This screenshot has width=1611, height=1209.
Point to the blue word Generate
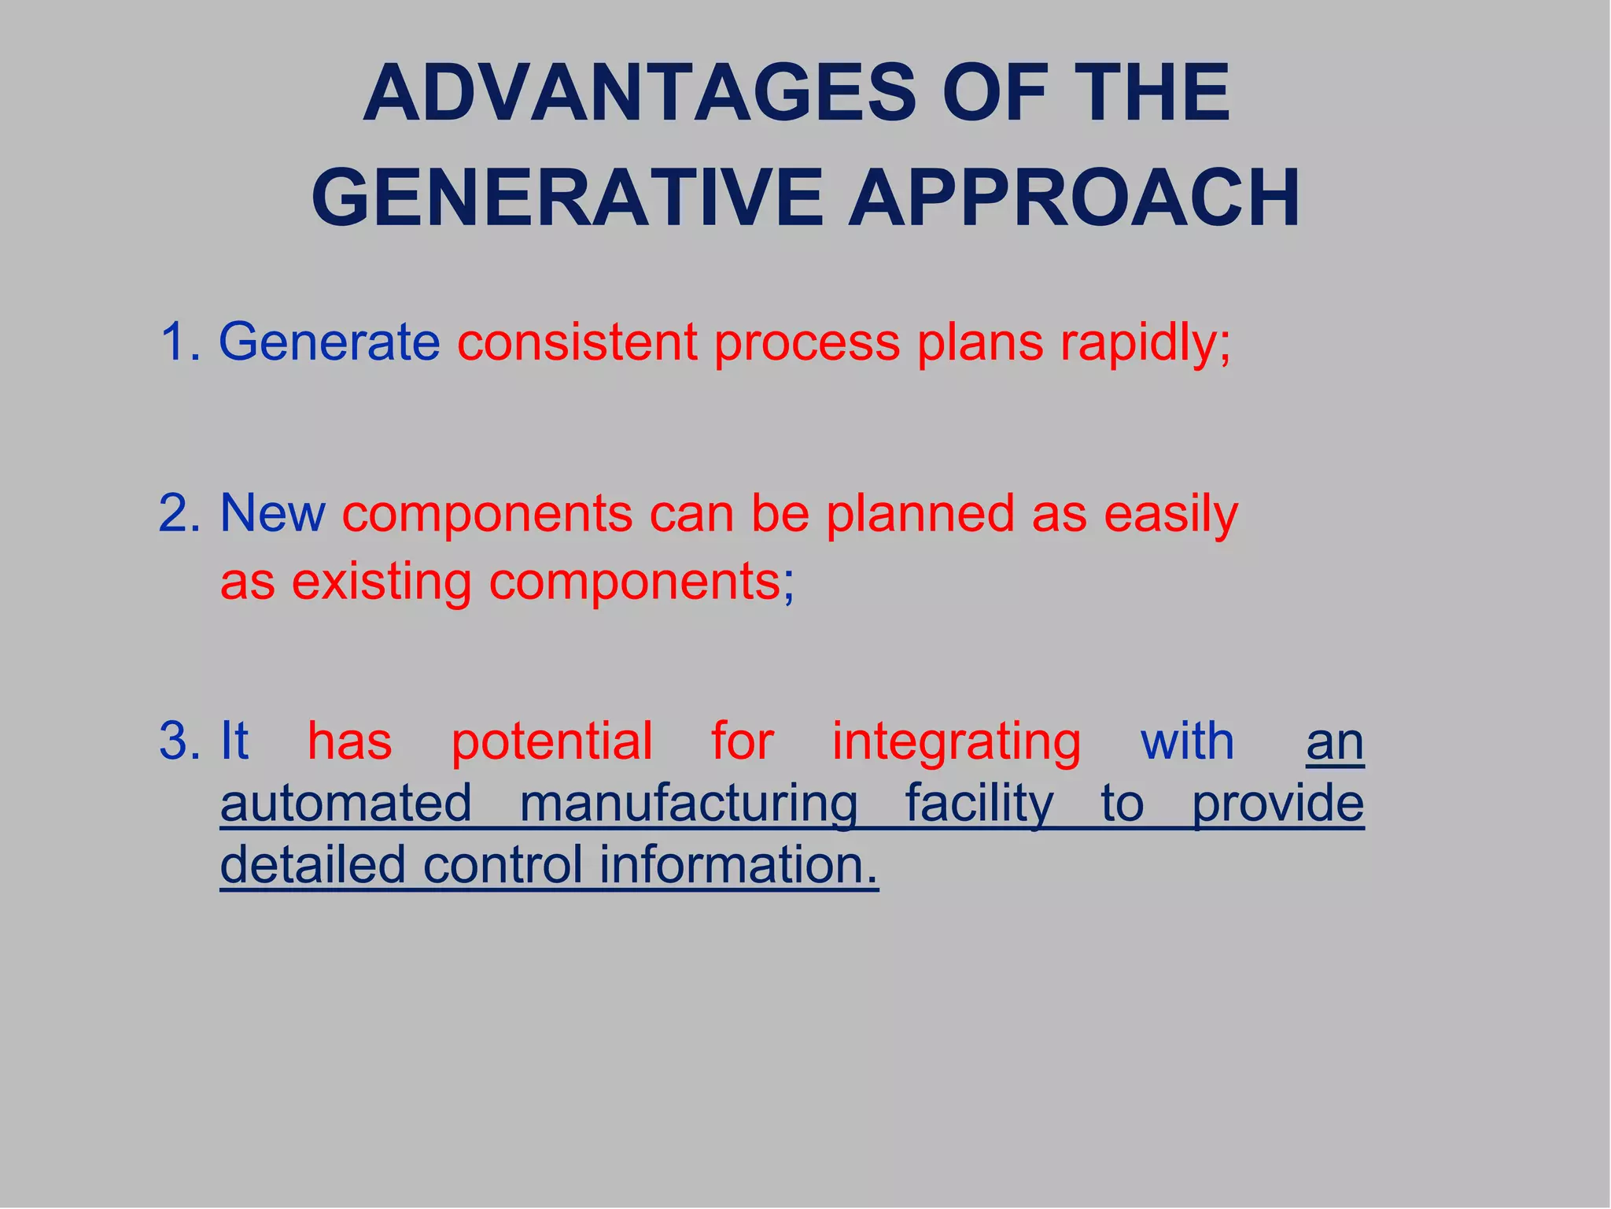329,342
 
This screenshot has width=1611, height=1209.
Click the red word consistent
577,342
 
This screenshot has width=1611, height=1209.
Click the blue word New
272,513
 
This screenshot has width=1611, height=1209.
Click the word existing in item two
382,582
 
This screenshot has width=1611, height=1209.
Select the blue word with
1187,741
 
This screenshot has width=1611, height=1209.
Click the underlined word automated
346,803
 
